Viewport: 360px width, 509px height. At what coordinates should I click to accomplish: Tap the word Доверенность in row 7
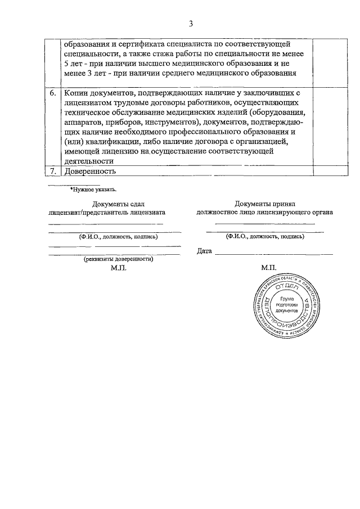(x=90, y=170)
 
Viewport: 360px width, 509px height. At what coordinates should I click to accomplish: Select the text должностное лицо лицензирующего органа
(x=264, y=213)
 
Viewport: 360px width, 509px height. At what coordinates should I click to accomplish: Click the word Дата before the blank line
(x=204, y=251)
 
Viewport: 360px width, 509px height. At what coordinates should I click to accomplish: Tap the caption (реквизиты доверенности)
(x=119, y=259)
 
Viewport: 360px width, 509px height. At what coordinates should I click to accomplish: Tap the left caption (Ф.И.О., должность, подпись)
(x=119, y=237)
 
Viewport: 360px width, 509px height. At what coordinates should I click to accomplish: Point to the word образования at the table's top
(x=85, y=44)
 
